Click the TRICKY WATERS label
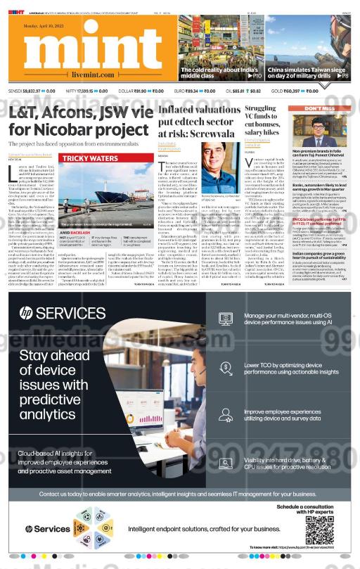(x=88, y=159)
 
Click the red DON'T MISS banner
(x=319, y=109)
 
